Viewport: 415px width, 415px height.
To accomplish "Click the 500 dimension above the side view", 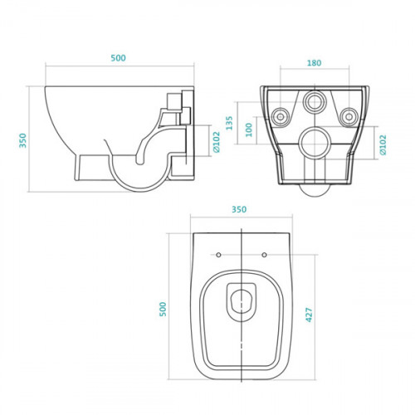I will pos(118,59).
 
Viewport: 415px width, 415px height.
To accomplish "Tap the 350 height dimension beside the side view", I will pos(22,141).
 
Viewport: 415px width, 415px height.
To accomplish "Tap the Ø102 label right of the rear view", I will pos(383,144).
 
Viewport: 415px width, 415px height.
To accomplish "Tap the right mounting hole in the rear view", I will pos(349,114).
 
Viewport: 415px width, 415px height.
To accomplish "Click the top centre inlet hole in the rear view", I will pos(315,101).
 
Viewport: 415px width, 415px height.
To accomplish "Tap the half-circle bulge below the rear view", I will pos(315,190).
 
